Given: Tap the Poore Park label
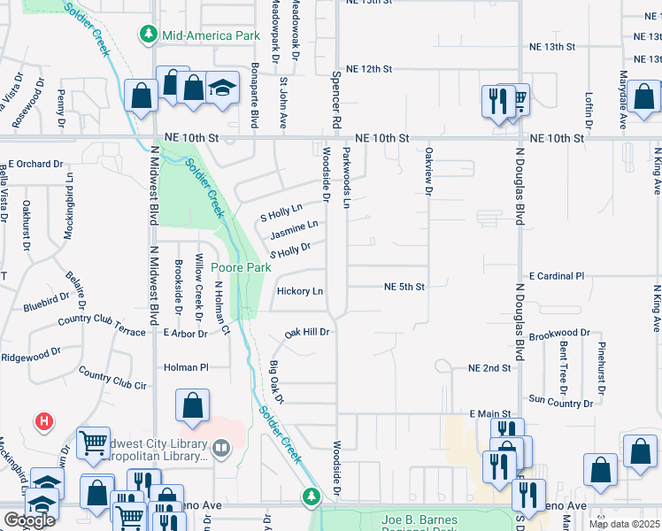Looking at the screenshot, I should tap(246, 267).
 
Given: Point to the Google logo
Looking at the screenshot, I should tap(29, 519).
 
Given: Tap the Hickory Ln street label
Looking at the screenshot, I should tap(299, 290).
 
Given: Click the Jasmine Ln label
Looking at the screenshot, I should tap(294, 230).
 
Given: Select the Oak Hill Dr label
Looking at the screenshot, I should tap(306, 333).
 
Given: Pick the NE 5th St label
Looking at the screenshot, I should tap(404, 287).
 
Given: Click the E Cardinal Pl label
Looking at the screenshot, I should tap(557, 276).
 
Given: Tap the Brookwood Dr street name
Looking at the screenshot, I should tap(560, 333).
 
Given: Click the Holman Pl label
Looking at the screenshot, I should tap(185, 366).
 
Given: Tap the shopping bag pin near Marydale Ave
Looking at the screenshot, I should tap(644, 97).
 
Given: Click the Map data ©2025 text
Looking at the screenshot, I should tap(624, 525).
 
